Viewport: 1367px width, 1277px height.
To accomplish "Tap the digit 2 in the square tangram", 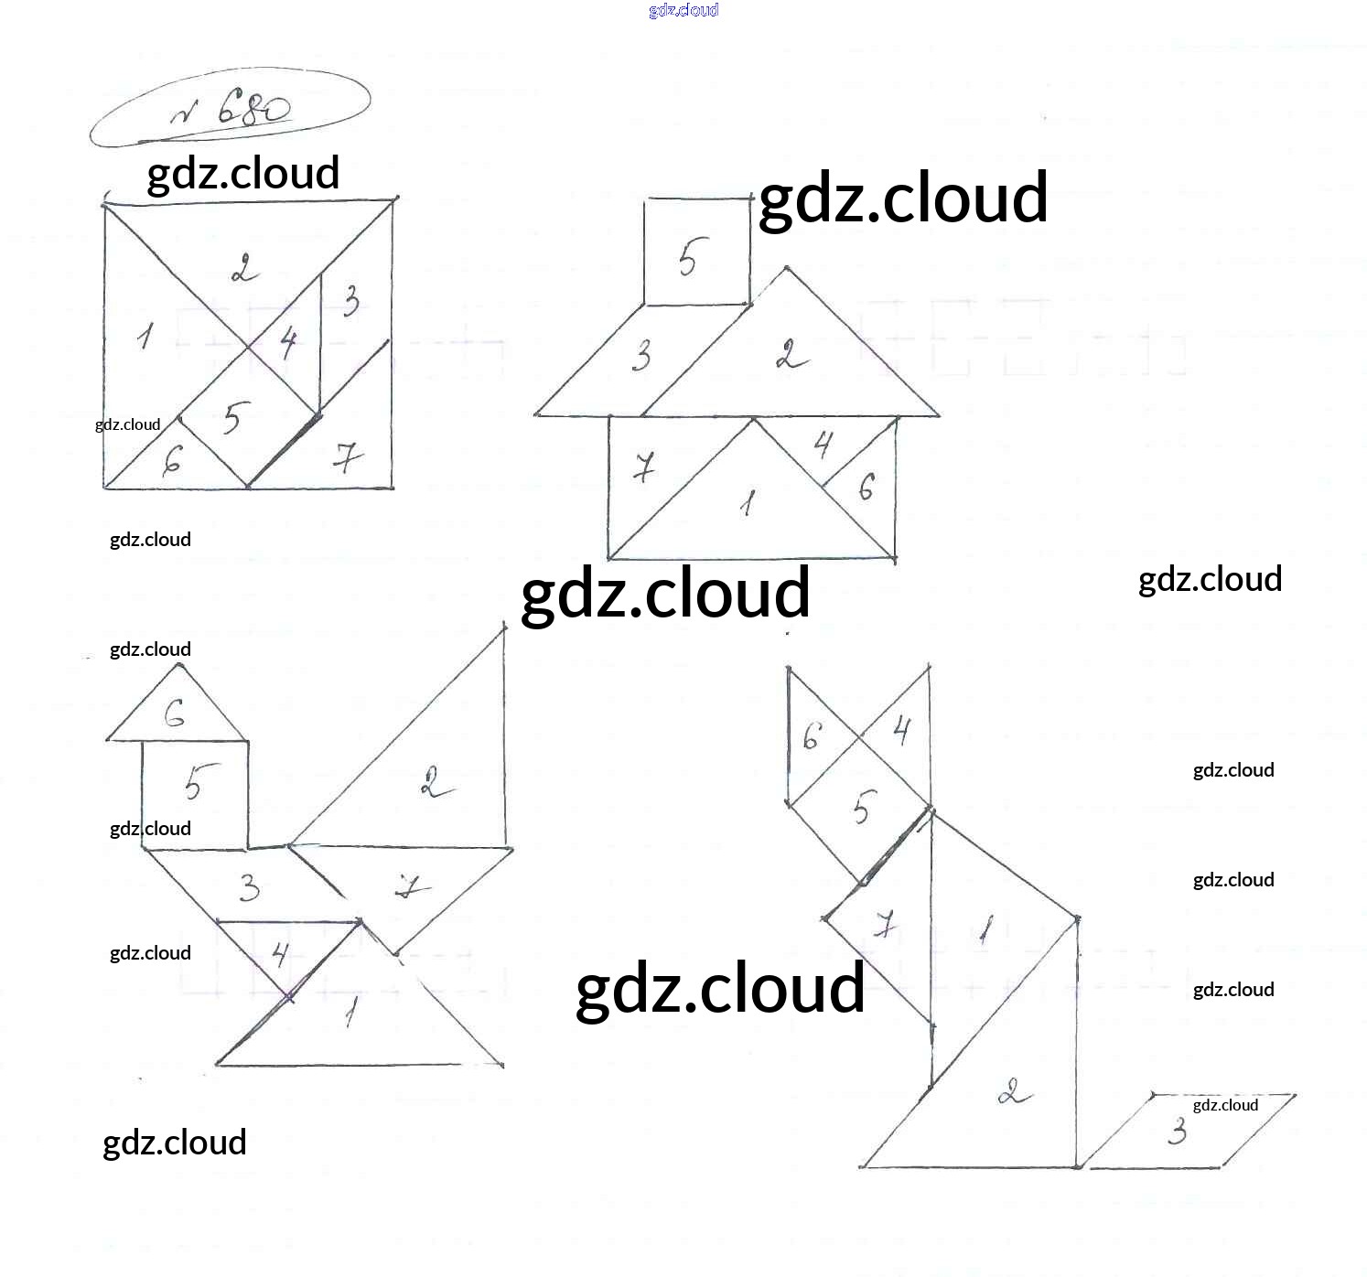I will (x=243, y=270).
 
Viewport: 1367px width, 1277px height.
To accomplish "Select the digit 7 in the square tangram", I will (x=346, y=456).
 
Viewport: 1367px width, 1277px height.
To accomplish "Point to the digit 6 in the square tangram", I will (x=172, y=464).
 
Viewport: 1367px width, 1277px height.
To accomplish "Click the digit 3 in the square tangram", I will (x=350, y=301).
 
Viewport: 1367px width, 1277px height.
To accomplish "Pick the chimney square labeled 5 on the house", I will (x=696, y=252).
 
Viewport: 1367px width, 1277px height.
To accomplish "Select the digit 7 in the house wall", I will (x=644, y=468).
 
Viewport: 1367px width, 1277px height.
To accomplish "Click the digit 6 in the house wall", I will (x=866, y=488).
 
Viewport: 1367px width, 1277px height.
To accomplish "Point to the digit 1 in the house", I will (x=749, y=502).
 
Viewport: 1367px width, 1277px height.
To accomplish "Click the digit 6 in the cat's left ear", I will (x=812, y=735).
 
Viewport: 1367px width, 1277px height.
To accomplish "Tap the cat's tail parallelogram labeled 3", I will (x=1189, y=1131).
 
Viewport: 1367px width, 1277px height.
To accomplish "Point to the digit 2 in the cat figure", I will (x=1012, y=1091).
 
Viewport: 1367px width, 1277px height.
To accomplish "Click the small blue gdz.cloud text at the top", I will (x=683, y=10).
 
